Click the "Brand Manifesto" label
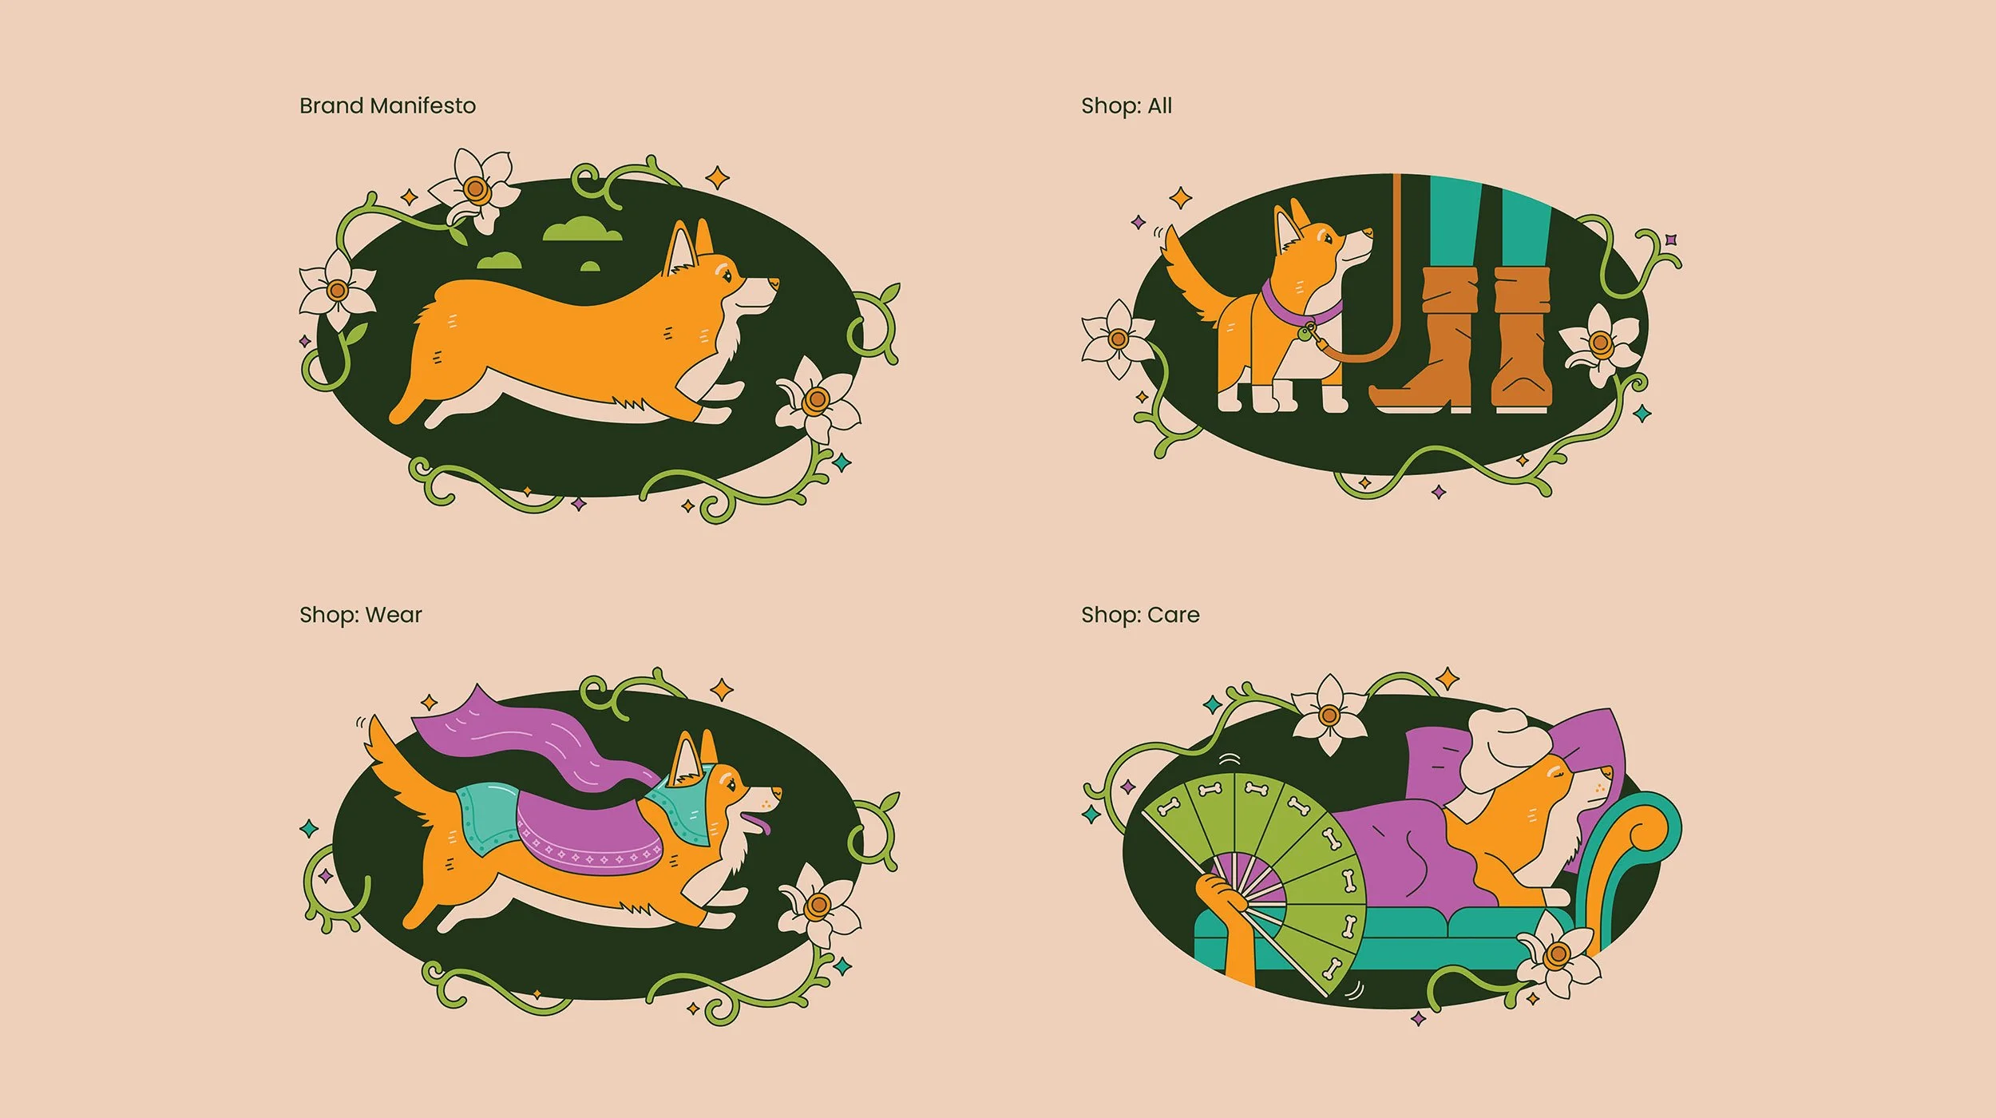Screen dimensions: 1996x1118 point(387,105)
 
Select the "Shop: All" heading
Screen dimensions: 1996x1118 point(1127,105)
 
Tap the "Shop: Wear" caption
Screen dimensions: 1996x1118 point(361,615)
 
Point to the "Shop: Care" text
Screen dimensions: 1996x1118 point(1140,615)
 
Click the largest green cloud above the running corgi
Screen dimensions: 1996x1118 point(582,228)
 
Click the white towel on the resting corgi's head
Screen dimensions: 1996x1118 point(1505,747)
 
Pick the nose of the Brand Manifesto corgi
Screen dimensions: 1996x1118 point(774,283)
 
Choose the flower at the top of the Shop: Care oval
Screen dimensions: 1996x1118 point(1329,714)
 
